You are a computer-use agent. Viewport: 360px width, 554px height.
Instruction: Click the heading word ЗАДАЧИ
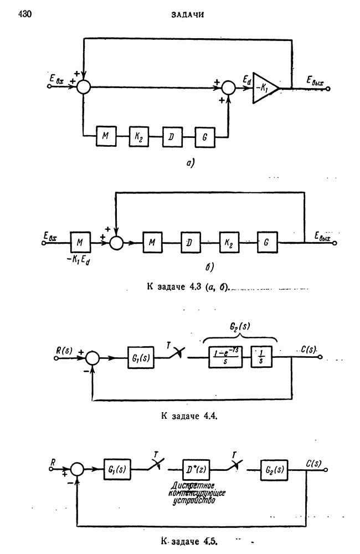click(x=188, y=15)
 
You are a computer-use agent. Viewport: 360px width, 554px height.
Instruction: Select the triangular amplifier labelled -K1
click(x=265, y=87)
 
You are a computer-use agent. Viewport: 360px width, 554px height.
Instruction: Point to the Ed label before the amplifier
click(x=245, y=81)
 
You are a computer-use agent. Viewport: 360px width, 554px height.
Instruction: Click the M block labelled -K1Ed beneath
click(x=80, y=242)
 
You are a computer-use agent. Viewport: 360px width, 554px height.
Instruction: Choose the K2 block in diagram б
click(x=229, y=242)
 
